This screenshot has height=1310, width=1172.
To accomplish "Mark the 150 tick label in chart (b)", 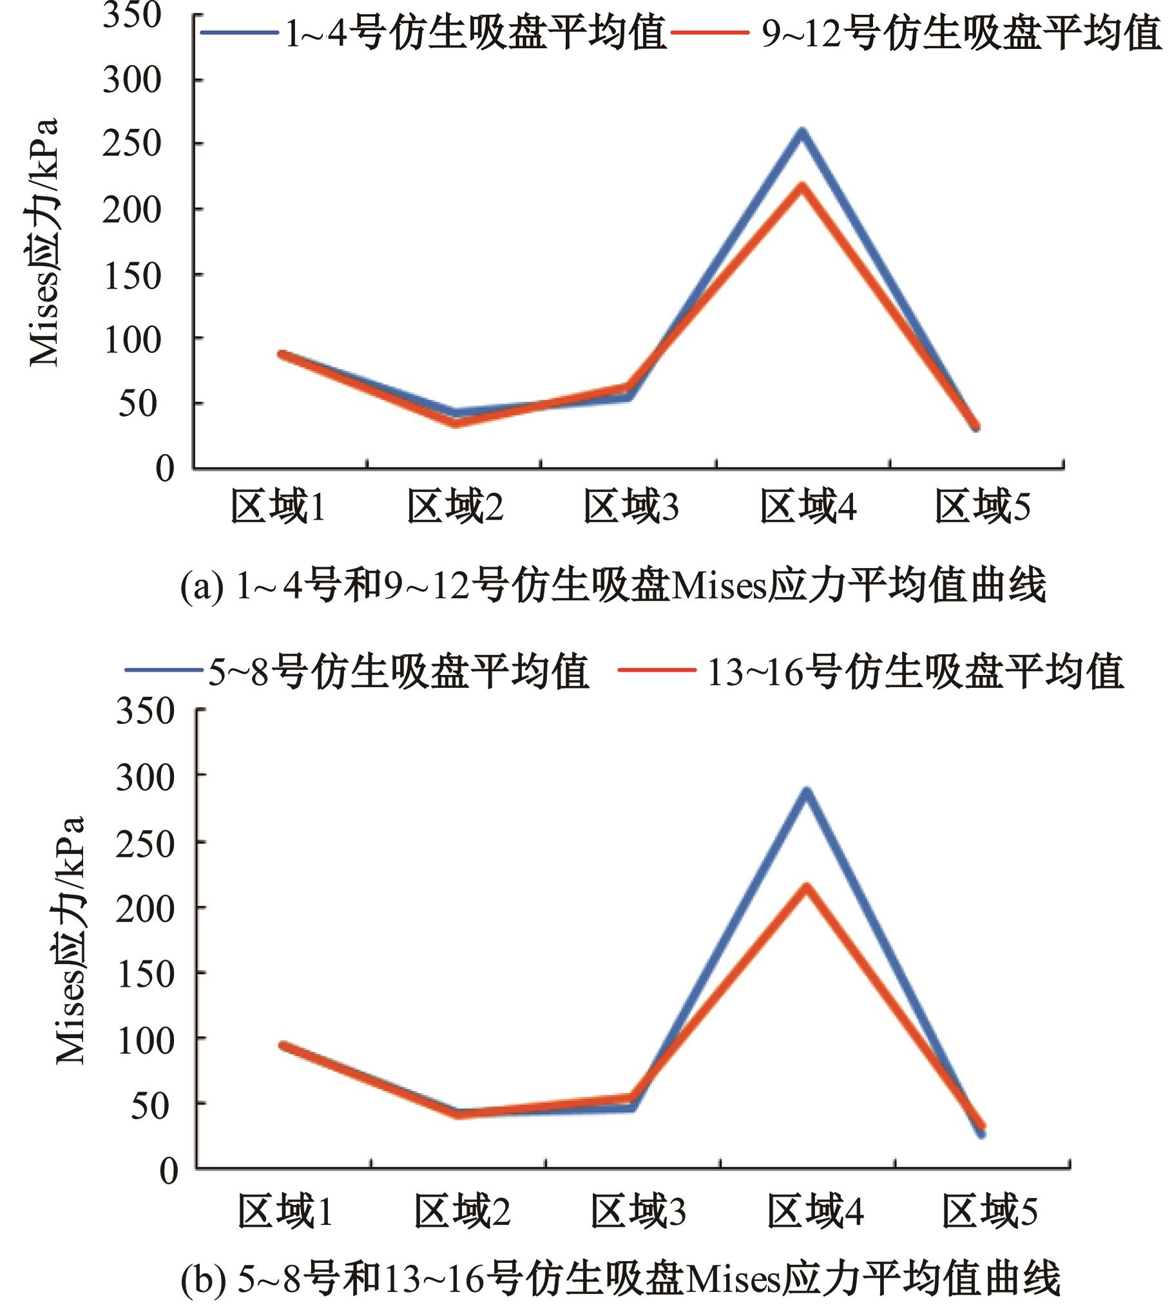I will pyautogui.click(x=146, y=973).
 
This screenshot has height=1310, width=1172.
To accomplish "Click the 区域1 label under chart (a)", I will pyautogui.click(x=278, y=507).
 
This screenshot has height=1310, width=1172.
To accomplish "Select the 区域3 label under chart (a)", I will pyautogui.click(x=631, y=507).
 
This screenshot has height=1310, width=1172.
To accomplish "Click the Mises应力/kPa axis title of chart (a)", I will pyautogui.click(x=44, y=242).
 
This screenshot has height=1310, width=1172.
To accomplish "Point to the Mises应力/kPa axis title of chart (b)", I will pyautogui.click(x=70, y=940).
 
